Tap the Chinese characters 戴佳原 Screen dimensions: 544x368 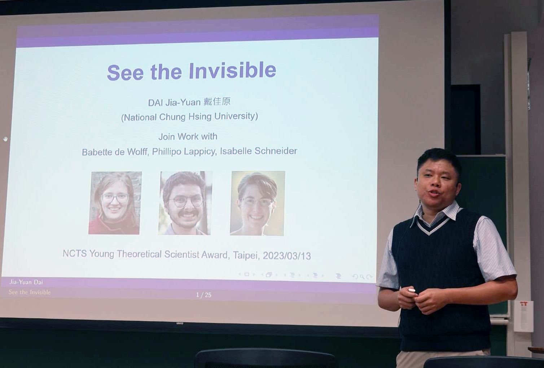(217, 101)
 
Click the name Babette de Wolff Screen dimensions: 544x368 (115, 152)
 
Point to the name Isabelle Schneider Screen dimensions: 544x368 (258, 151)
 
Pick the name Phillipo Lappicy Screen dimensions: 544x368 (184, 152)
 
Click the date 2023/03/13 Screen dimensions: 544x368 (287, 256)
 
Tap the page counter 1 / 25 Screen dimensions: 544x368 (204, 295)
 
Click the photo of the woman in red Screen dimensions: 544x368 (115, 203)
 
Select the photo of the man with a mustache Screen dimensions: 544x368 (185, 203)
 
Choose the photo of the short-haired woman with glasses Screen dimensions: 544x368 (258, 203)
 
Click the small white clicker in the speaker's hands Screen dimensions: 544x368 (412, 290)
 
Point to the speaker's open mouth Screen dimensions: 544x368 (434, 193)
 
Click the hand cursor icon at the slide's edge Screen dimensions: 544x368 (5, 139)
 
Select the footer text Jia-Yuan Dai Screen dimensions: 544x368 (26, 282)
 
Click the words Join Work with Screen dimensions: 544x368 (188, 136)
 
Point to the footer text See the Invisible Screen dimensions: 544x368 (30, 292)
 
